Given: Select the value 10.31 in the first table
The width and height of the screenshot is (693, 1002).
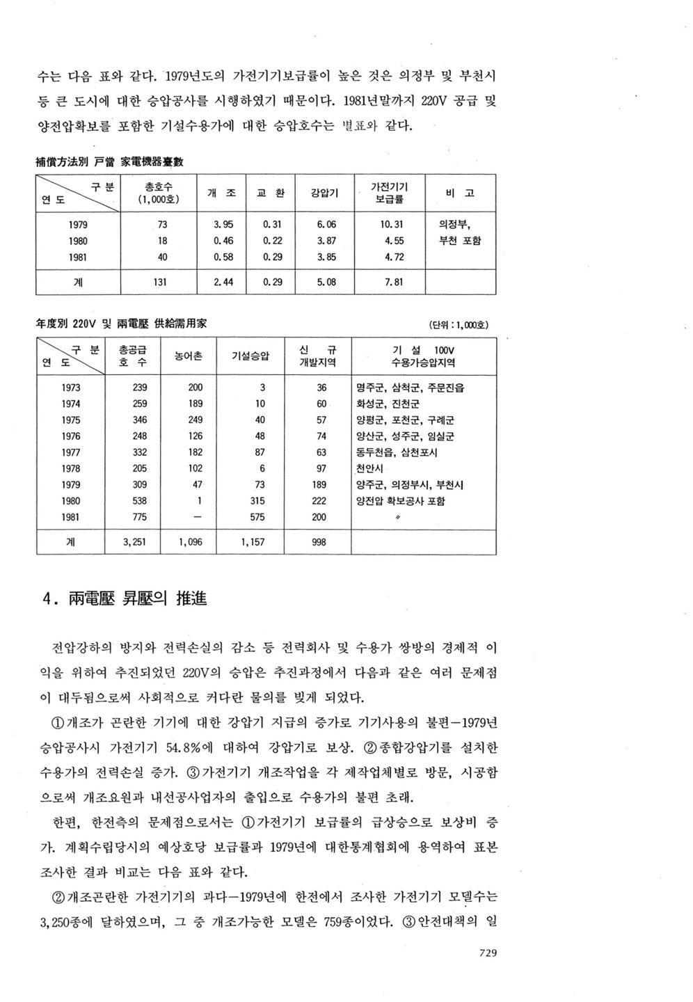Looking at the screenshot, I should tap(394, 225).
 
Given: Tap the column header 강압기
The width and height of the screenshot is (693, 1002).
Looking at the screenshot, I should tap(325, 193).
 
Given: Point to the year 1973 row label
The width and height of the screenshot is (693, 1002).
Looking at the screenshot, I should tap(71, 388).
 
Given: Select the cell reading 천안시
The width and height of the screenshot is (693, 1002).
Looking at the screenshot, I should tap(369, 468).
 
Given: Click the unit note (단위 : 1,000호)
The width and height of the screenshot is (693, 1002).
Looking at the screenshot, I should tap(460, 325).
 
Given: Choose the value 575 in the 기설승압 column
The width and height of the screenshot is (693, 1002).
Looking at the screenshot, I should tap(257, 517).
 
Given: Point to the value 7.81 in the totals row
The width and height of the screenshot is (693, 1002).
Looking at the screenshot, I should tap(394, 283).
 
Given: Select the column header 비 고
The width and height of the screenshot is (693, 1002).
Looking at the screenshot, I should tap(459, 193).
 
